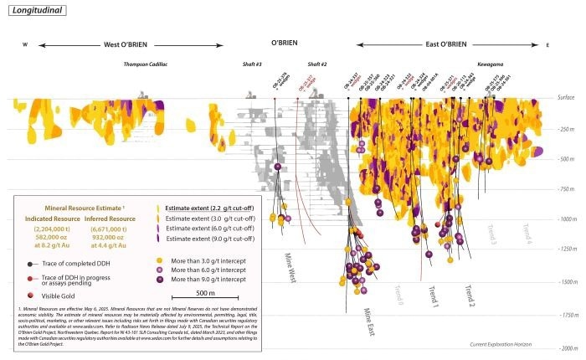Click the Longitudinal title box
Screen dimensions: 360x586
point(35,12)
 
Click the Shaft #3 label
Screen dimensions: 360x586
point(253,64)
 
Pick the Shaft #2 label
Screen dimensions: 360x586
point(316,64)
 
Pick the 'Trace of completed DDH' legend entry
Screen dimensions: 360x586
point(71,262)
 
